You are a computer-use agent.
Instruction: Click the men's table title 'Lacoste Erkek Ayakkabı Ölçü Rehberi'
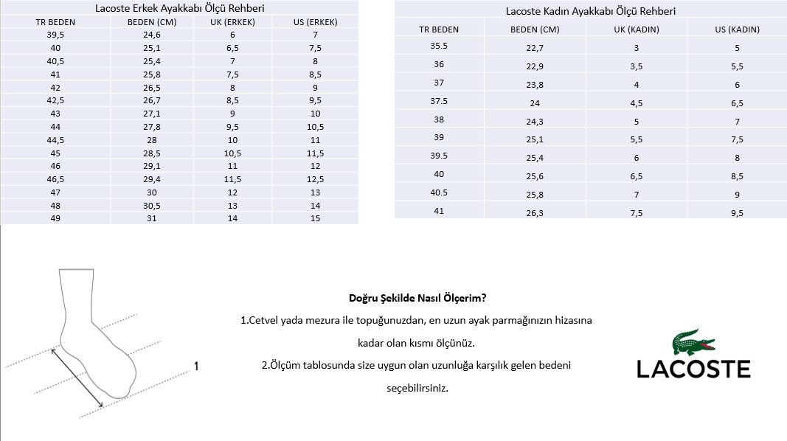click(x=181, y=8)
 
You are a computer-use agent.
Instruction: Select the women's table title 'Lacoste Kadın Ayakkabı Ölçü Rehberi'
click(x=590, y=11)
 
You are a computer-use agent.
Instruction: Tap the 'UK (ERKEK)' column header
click(x=233, y=21)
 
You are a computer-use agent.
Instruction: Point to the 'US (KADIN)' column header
click(x=737, y=29)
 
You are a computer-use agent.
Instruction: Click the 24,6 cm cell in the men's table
click(x=152, y=35)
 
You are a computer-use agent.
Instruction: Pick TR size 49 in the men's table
click(x=55, y=218)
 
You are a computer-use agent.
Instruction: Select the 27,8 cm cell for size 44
click(x=152, y=126)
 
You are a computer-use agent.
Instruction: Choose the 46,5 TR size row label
click(x=55, y=178)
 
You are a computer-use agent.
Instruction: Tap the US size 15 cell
click(x=315, y=218)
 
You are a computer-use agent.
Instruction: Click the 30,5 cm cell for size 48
click(x=152, y=205)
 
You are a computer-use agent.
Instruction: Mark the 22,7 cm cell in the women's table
click(x=535, y=48)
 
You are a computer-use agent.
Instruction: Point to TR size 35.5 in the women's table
click(x=439, y=46)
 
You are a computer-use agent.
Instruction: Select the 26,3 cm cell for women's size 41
click(x=535, y=213)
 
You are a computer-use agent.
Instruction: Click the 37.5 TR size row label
click(x=439, y=101)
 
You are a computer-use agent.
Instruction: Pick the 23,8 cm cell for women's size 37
click(x=535, y=85)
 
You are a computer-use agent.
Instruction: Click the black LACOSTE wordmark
click(x=693, y=369)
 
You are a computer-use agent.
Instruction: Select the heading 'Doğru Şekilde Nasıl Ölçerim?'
click(x=417, y=299)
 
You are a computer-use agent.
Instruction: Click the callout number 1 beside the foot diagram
click(x=196, y=366)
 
